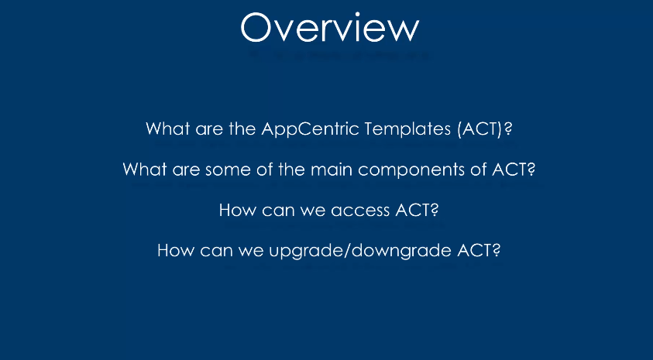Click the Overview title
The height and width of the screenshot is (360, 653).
point(329,27)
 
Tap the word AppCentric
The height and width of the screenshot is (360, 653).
point(311,129)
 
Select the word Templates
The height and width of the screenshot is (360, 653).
point(407,129)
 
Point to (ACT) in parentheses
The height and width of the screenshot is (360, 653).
point(479,129)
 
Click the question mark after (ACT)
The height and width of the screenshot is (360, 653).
point(507,129)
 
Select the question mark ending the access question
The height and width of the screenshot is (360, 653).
point(435,210)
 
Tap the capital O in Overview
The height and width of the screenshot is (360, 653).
point(256,27)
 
